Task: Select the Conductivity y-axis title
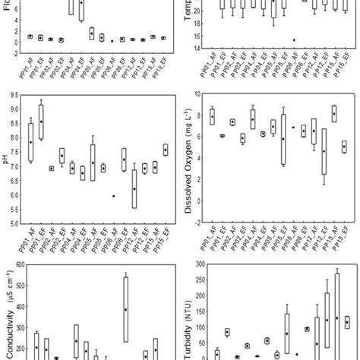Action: pyautogui.click(x=8, y=319)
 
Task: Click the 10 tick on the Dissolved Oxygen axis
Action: pyautogui.click(x=201, y=96)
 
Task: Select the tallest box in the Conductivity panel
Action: pyautogui.click(x=125, y=309)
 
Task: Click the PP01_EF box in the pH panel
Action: pyautogui.click(x=41, y=122)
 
